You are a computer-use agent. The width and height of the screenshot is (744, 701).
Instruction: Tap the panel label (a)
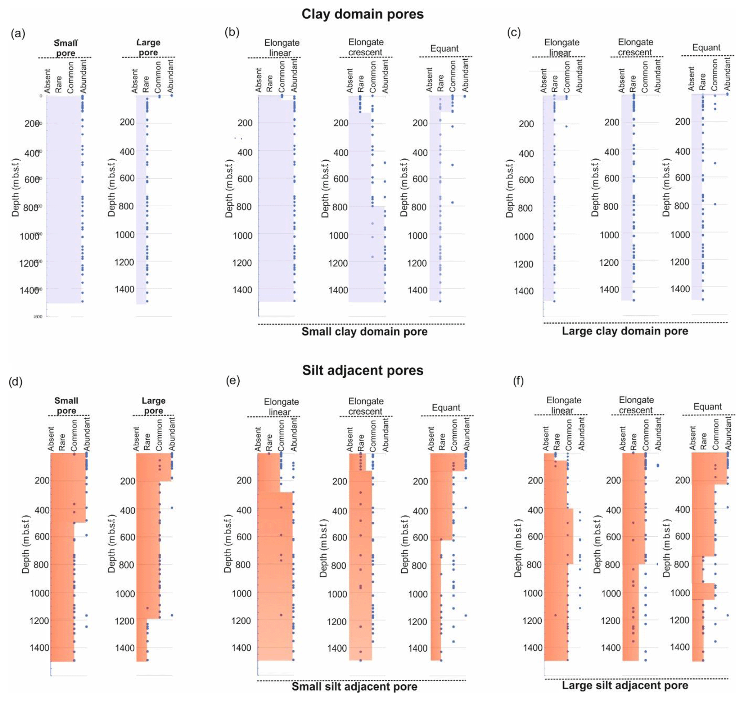[18, 34]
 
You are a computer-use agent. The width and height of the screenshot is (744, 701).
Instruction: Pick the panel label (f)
[518, 381]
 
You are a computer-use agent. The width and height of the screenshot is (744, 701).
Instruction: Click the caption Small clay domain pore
[364, 331]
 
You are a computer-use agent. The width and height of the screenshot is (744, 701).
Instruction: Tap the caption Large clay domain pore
[624, 331]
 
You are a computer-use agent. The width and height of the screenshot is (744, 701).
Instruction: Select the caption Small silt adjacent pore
[354, 686]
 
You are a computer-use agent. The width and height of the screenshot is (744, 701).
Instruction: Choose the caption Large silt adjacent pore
[624, 685]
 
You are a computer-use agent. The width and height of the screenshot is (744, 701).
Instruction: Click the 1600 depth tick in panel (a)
[38, 317]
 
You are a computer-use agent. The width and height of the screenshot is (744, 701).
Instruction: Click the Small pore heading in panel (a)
[66, 48]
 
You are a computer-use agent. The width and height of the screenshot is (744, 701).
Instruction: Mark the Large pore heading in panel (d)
[153, 406]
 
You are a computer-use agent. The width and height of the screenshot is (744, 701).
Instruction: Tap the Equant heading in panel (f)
[707, 407]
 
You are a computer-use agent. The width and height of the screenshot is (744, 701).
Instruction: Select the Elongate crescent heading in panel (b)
[366, 47]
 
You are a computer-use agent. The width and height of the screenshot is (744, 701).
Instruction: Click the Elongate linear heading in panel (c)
[562, 47]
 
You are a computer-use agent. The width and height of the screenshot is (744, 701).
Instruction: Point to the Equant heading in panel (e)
[446, 408]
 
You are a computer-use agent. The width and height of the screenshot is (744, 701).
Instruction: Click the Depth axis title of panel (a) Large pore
[112, 187]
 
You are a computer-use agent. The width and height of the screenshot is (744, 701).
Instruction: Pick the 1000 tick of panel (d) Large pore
[125, 594]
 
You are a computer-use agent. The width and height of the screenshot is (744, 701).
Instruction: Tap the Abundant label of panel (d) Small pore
[86, 434]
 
